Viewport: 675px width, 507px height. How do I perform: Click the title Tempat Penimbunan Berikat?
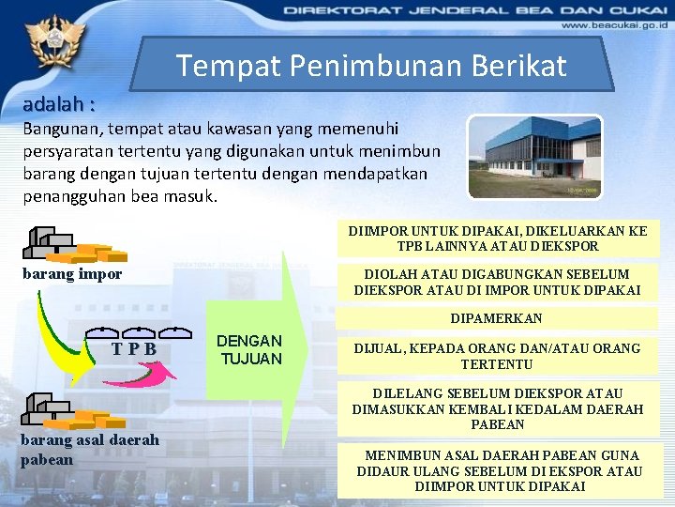coord(371,65)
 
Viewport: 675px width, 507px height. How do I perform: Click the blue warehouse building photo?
coord(534,156)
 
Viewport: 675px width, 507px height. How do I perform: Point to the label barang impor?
coord(71,275)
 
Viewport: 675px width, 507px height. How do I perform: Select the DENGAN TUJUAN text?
coord(249,349)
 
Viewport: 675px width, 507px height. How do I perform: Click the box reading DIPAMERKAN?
coord(496,318)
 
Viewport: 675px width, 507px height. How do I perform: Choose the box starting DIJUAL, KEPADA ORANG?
coord(496,356)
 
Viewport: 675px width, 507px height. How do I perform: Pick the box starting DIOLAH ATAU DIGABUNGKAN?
coord(497,283)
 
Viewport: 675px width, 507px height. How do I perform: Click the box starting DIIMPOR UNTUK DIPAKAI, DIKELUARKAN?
coord(497,238)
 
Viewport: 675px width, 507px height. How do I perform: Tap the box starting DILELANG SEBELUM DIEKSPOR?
coord(497,408)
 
